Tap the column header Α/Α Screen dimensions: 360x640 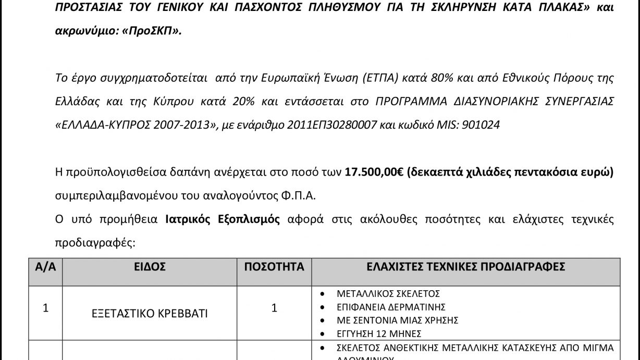[45, 267]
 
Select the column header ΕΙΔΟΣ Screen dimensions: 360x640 [150, 267]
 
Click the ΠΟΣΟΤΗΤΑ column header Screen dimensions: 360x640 [274, 267]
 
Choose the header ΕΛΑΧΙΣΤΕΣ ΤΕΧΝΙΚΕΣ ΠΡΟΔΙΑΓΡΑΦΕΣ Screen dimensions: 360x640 [466, 267]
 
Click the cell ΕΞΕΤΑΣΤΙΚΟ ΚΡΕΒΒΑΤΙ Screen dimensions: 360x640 [150, 314]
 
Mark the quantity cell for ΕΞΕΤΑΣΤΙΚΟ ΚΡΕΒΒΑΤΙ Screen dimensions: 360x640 [274, 308]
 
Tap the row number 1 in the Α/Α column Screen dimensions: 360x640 [45, 308]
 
